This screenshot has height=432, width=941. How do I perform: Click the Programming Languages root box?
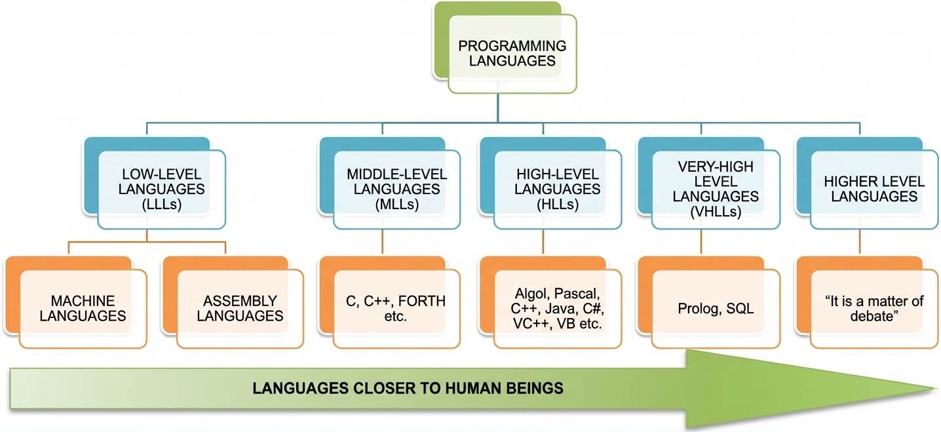click(x=512, y=54)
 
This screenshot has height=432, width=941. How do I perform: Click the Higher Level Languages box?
click(x=874, y=189)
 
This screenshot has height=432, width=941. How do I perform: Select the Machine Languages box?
click(x=83, y=309)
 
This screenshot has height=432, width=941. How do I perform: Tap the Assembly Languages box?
click(x=240, y=309)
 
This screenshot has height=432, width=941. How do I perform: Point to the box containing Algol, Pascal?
click(x=556, y=308)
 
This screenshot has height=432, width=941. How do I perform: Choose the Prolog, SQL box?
click(x=716, y=308)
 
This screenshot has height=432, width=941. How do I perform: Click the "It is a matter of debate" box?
click(x=874, y=308)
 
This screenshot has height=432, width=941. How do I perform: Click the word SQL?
click(x=740, y=308)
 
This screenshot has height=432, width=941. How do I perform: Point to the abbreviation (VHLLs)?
click(x=716, y=211)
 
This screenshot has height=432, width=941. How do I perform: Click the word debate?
click(x=874, y=316)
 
